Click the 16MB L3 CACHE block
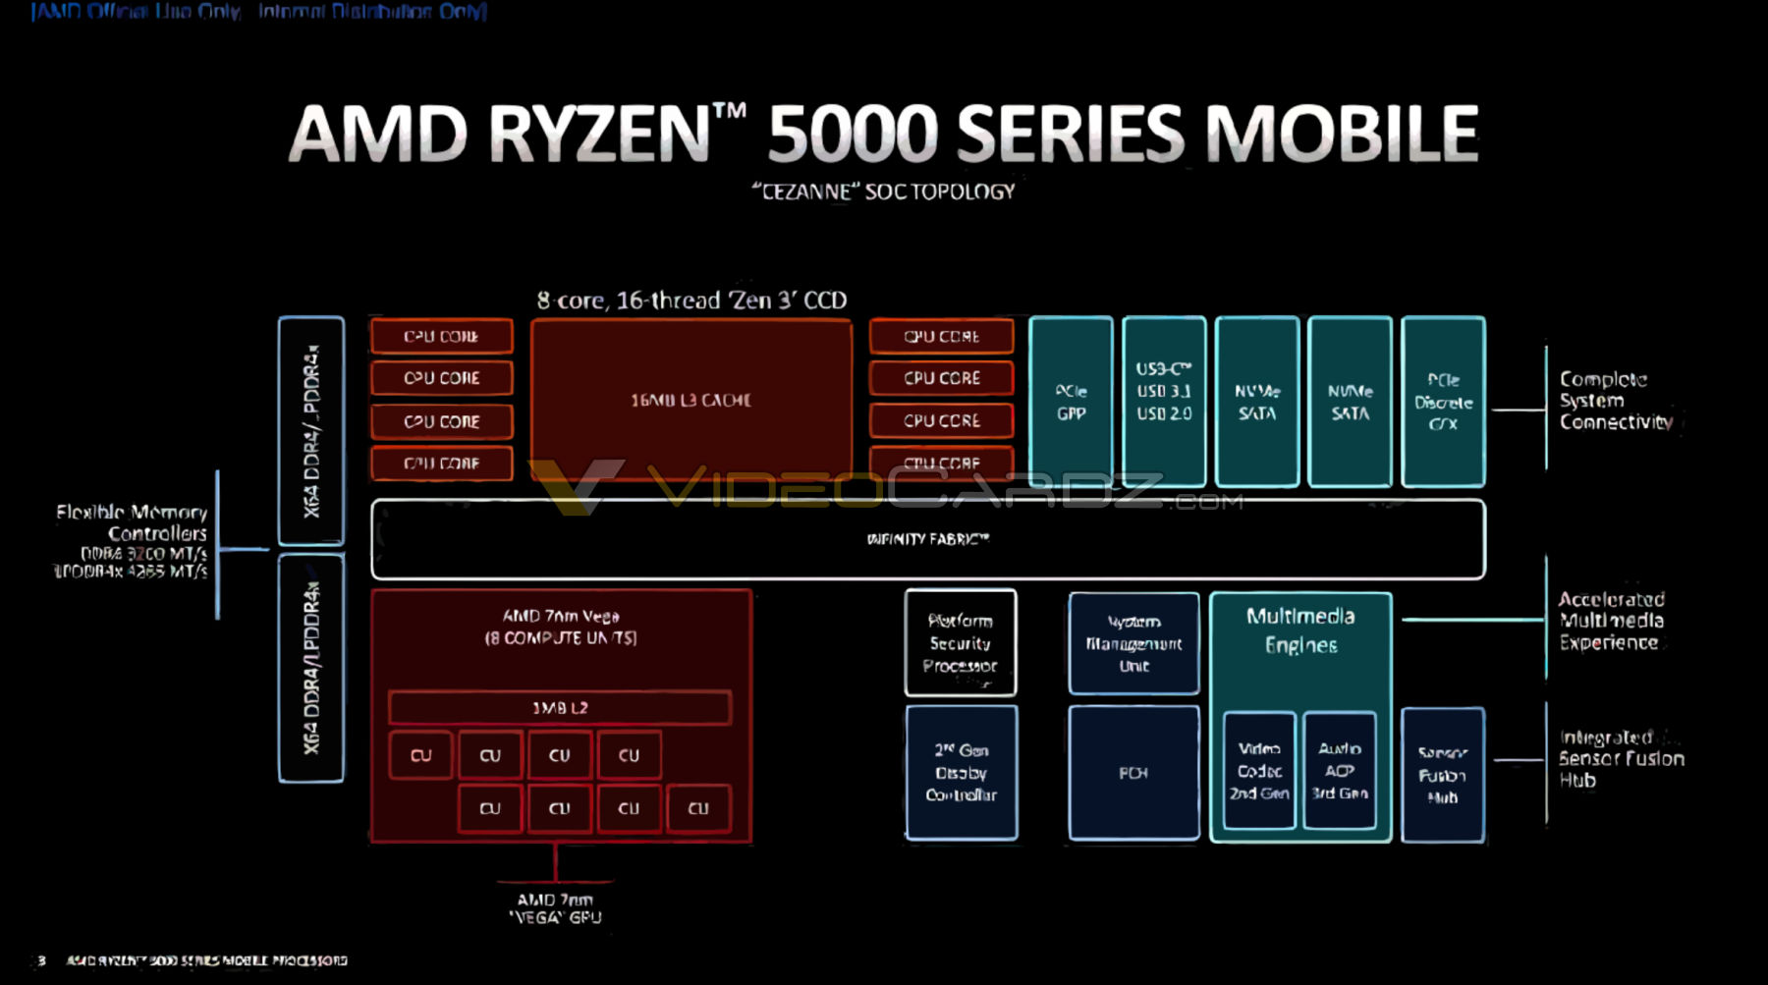tap(691, 400)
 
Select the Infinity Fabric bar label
tap(927, 538)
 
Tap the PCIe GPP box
tap(1071, 402)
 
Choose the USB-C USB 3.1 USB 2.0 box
tap(1164, 392)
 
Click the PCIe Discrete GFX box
tap(1443, 402)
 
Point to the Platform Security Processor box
tap(960, 643)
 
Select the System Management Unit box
tap(1133, 643)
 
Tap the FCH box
tap(1133, 773)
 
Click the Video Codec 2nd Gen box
tap(1259, 771)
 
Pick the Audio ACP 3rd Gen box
tap(1340, 771)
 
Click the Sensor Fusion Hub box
tap(1442, 775)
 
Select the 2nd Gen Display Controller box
tap(961, 773)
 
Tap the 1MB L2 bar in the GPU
tap(560, 707)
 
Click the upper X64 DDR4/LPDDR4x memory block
tap(311, 430)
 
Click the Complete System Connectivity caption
tap(1615, 401)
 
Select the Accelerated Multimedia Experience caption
tap(1611, 621)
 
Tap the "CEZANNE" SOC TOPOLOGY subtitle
tap(883, 192)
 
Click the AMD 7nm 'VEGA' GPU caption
tap(555, 908)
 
